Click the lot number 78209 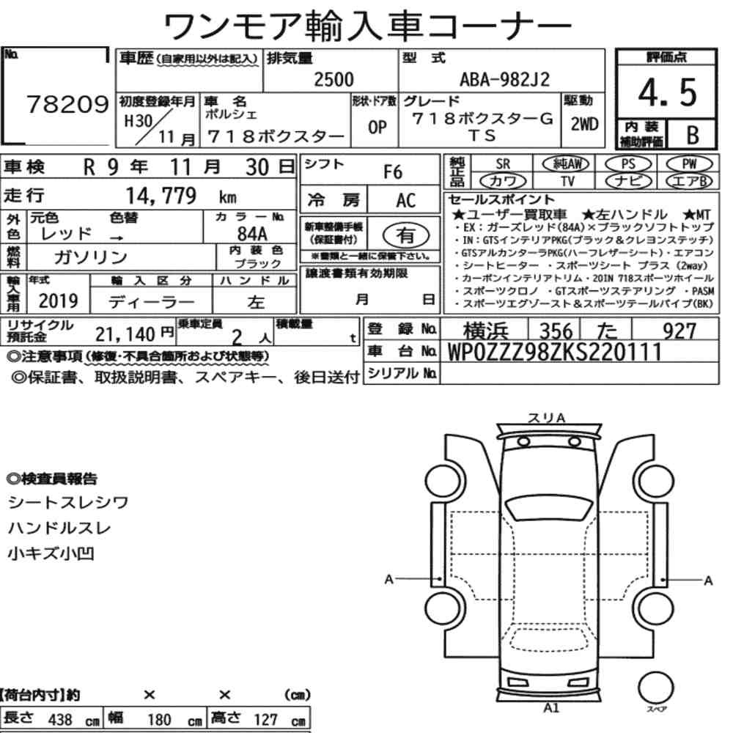[x=67, y=104]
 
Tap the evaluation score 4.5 [x=667, y=92]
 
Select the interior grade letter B [x=693, y=135]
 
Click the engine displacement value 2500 [x=334, y=79]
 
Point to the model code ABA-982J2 [x=505, y=80]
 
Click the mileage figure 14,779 [x=161, y=196]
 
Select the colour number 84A [x=252, y=233]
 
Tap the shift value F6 [x=393, y=172]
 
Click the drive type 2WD [x=584, y=124]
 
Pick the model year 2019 [x=59, y=301]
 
